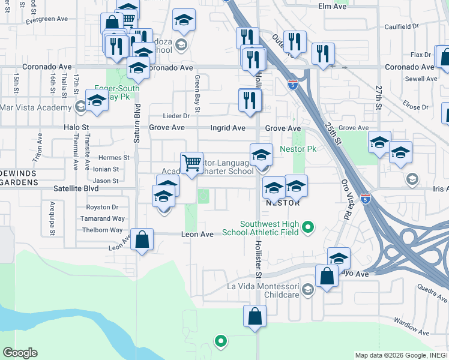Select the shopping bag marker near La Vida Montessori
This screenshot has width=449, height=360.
click(327, 277)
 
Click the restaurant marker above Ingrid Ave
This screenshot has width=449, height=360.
click(250, 100)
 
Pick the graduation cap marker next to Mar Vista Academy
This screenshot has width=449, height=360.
click(96, 101)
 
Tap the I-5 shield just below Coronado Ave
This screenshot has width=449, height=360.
click(292, 85)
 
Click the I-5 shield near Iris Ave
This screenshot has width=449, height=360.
click(366, 198)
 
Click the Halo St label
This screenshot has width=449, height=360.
click(76, 128)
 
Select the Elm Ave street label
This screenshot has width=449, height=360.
click(333, 6)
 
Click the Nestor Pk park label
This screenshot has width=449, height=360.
click(298, 148)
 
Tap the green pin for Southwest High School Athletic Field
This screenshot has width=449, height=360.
click(308, 227)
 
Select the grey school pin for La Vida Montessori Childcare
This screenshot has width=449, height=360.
click(307, 291)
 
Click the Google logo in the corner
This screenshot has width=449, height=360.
click(20, 353)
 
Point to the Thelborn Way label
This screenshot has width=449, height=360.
click(103, 230)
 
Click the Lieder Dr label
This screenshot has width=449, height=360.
click(176, 116)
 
